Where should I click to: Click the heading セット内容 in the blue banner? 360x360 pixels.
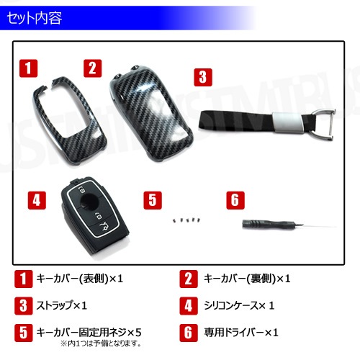[35, 18]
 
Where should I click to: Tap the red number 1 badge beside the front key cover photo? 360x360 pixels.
[29, 68]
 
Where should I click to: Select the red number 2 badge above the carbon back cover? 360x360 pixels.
[93, 68]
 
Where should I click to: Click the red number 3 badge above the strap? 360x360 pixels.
[203, 77]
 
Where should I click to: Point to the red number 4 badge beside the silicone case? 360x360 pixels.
[37, 200]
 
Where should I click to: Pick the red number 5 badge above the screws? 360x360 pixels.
[153, 200]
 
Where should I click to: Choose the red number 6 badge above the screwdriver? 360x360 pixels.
[235, 200]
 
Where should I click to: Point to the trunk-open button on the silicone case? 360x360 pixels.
[105, 227]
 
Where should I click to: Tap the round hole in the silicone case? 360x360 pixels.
[89, 201]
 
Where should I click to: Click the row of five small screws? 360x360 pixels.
[186, 220]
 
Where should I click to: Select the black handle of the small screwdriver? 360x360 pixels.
[266, 225]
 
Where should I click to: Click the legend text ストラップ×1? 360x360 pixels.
[62, 306]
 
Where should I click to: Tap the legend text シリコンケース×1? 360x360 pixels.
[239, 306]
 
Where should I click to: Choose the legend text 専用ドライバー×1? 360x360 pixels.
[241, 333]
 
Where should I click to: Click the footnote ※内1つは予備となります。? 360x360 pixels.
[101, 343]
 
